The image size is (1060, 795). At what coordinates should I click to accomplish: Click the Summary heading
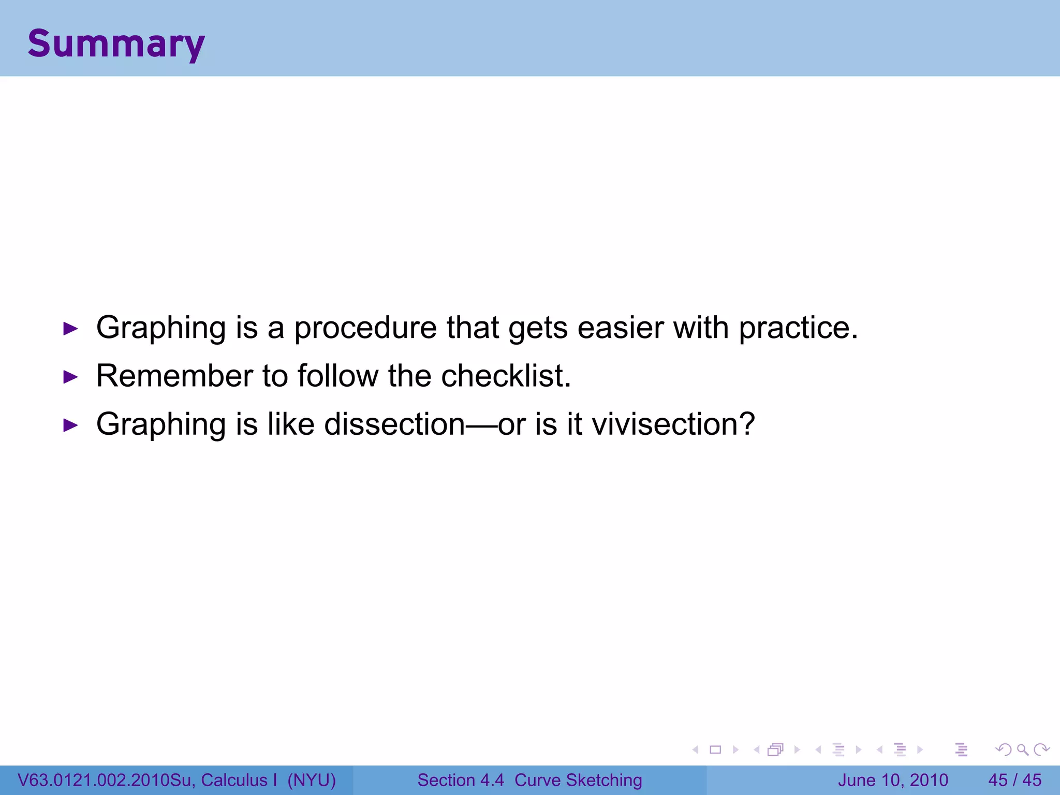click(116, 44)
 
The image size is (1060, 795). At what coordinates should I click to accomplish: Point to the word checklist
click(506, 376)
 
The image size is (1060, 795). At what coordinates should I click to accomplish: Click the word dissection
click(394, 424)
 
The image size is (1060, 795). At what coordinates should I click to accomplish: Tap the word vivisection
click(673, 424)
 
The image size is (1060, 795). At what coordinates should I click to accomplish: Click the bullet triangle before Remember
click(70, 377)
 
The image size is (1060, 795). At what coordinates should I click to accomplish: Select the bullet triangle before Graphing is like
click(70, 425)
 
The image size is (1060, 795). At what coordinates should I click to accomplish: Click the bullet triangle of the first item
click(70, 329)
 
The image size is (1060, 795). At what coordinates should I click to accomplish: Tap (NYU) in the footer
click(312, 780)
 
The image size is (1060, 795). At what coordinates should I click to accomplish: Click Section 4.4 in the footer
click(460, 780)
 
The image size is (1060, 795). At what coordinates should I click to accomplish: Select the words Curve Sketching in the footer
click(578, 780)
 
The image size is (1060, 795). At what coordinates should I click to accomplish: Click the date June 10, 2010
click(893, 780)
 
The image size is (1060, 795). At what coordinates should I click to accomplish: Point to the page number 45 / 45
click(1014, 780)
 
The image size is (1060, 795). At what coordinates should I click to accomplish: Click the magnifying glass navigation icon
click(1022, 749)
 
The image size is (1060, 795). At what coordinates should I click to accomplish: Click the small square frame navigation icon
click(715, 749)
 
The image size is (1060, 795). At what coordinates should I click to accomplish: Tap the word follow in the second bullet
click(337, 376)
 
